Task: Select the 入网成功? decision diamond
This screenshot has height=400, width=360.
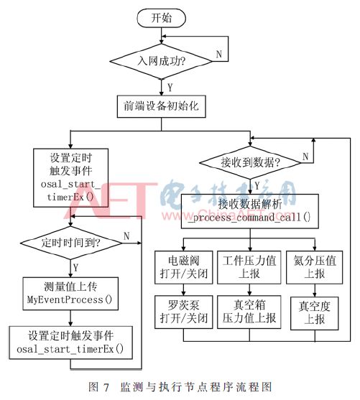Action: click(162, 61)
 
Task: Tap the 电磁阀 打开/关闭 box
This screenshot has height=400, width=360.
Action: click(182, 264)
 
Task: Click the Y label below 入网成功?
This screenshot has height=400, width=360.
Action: click(170, 86)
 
